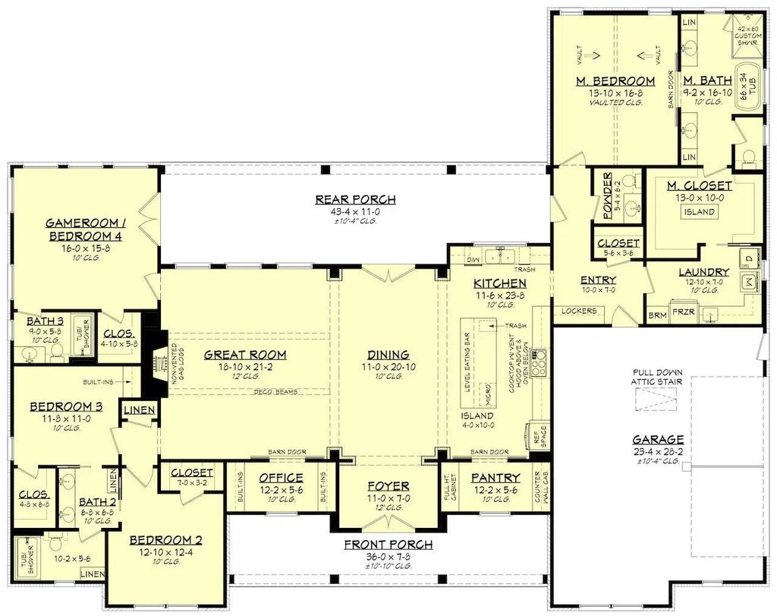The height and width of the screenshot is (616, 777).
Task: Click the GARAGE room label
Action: pyautogui.click(x=659, y=439)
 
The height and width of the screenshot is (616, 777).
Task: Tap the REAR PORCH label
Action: pyautogui.click(x=356, y=200)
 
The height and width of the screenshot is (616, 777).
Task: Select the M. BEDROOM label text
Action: pyautogui.click(x=615, y=81)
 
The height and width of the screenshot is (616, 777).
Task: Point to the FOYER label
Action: pyautogui.click(x=388, y=486)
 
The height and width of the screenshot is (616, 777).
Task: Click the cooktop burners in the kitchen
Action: pyautogui.click(x=538, y=366)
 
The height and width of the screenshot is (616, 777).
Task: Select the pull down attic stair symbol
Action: pyautogui.click(x=659, y=398)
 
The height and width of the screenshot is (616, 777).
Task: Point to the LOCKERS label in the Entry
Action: pyautogui.click(x=580, y=311)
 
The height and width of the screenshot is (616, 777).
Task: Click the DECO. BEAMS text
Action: pyautogui.click(x=275, y=392)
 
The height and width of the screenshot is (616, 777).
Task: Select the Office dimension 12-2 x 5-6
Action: pyautogui.click(x=282, y=490)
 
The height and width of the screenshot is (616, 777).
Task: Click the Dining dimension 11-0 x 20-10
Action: pyautogui.click(x=388, y=366)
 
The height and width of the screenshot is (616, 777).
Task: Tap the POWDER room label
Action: pyautogui.click(x=607, y=196)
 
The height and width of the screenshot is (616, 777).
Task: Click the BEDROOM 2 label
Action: pyautogui.click(x=165, y=540)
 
